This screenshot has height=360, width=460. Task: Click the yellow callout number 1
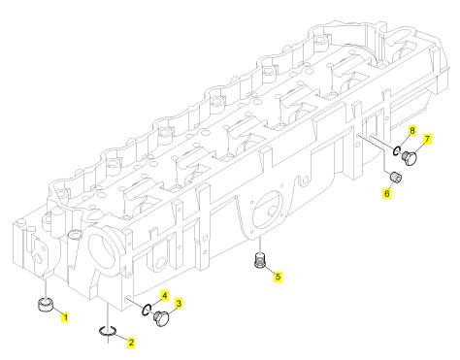(x=65, y=317)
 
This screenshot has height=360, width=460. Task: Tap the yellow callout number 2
(x=131, y=343)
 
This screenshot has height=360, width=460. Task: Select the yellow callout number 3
(x=179, y=304)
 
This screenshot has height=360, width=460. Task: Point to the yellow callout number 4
(x=165, y=295)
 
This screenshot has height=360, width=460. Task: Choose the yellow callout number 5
(x=278, y=277)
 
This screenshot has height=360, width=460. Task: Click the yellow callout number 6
(x=386, y=193)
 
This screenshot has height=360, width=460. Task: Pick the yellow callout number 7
(x=427, y=139)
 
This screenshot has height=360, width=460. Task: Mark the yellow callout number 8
(x=412, y=130)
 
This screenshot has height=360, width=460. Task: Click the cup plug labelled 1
(x=46, y=306)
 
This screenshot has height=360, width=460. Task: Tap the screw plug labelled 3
(x=161, y=318)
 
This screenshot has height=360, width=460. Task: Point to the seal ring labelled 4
(x=146, y=310)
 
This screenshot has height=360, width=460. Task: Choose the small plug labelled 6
(x=395, y=178)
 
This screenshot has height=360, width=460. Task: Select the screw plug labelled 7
(x=410, y=158)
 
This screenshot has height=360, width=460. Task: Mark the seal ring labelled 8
(x=397, y=150)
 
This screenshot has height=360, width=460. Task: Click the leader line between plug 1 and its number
(x=57, y=311)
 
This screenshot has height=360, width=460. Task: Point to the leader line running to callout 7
(x=418, y=147)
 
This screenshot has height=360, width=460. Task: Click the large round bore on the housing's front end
(x=103, y=253)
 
